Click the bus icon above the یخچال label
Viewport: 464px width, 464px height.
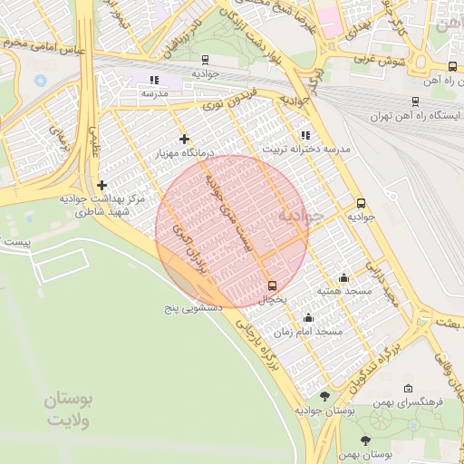(272, 285)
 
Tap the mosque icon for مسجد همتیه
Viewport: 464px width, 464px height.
(343, 277)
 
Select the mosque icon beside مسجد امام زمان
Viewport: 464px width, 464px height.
(308, 318)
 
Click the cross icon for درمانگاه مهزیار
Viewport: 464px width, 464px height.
(184, 139)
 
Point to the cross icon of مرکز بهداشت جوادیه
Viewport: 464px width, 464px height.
(101, 184)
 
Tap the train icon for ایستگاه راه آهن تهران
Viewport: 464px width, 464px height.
(415, 102)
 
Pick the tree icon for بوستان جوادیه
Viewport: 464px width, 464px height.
(325, 396)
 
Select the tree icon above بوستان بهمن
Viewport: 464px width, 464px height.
(366, 440)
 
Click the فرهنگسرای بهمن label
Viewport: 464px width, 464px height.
(409, 401)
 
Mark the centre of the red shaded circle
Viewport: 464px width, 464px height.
(232, 231)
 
